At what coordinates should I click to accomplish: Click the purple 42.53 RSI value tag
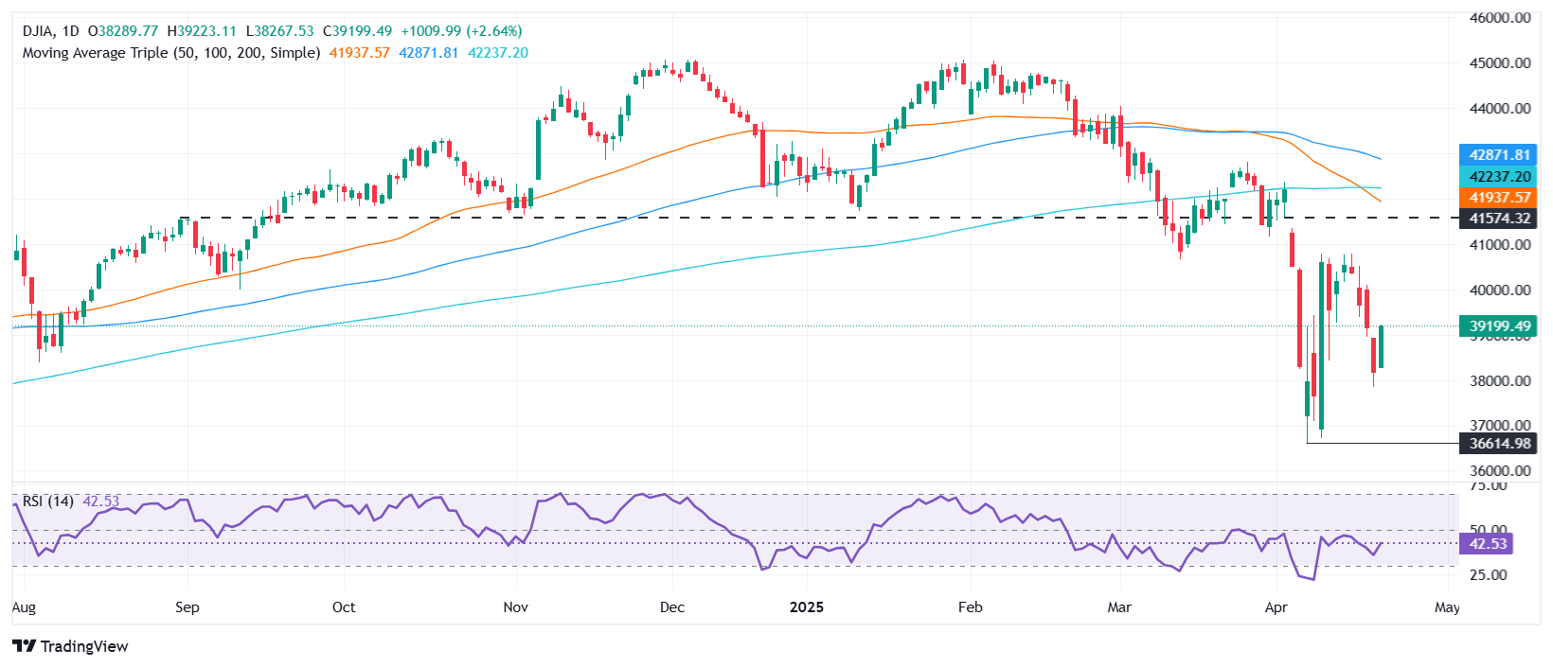pyautogui.click(x=1488, y=544)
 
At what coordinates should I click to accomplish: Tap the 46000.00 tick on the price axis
pyautogui.click(x=1500, y=18)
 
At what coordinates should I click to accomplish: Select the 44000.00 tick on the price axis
pyautogui.click(x=1500, y=109)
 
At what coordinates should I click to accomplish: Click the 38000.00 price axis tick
pyautogui.click(x=1500, y=381)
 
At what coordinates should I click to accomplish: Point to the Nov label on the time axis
pyautogui.click(x=515, y=607)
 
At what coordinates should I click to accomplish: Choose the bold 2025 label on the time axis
pyautogui.click(x=807, y=607)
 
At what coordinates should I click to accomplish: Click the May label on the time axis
pyautogui.click(x=1447, y=607)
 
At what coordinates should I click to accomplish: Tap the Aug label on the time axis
pyautogui.click(x=24, y=607)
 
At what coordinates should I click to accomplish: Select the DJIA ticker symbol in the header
pyautogui.click(x=41, y=31)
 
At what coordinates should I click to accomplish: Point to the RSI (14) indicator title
pyautogui.click(x=47, y=501)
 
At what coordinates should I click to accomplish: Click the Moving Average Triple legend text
pyautogui.click(x=170, y=53)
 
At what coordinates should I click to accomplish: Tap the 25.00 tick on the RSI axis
pyautogui.click(x=1488, y=575)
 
